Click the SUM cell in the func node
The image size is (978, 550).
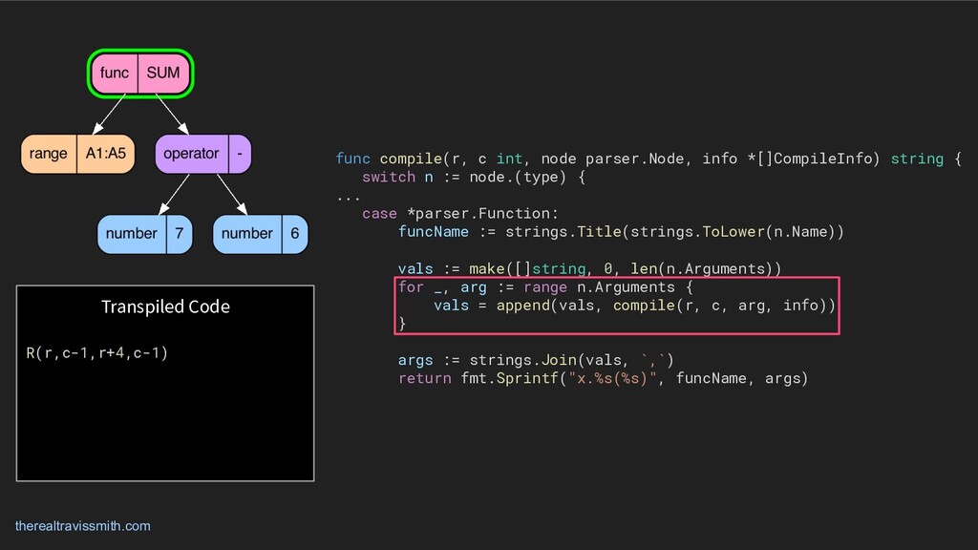(x=163, y=74)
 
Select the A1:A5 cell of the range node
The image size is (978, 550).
(x=105, y=154)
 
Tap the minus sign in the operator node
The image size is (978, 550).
(x=239, y=153)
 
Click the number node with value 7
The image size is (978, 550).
(x=144, y=234)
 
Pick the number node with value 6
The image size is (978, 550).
(x=260, y=234)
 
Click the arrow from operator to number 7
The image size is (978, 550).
(x=174, y=194)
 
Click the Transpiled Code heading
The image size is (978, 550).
(x=165, y=307)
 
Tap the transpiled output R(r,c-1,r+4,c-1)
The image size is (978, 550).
(x=96, y=353)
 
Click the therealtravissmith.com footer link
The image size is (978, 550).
(x=82, y=526)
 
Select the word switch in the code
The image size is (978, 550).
(x=389, y=177)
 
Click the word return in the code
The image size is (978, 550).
(x=424, y=378)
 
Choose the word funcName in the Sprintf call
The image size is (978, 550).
(x=710, y=378)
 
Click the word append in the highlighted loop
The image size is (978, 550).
(x=522, y=306)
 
